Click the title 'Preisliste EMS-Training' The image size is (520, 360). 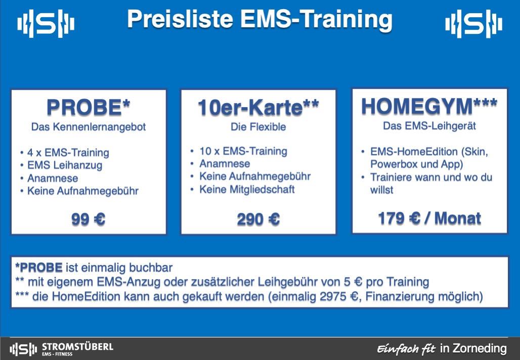pyautogui.click(x=259, y=19)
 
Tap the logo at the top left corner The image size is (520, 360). pyautogui.click(x=46, y=24)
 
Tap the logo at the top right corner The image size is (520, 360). pyautogui.click(x=474, y=24)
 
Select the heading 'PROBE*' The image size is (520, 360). pyautogui.click(x=89, y=108)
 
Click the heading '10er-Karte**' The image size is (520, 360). pyautogui.click(x=258, y=108)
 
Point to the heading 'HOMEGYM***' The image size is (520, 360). pyautogui.click(x=429, y=106)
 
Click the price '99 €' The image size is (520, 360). pyautogui.click(x=89, y=219)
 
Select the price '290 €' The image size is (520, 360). pyautogui.click(x=258, y=219)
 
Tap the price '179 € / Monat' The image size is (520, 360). pyautogui.click(x=429, y=218)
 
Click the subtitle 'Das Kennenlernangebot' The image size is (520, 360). pyautogui.click(x=89, y=127)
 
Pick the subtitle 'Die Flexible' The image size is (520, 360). pyautogui.click(x=258, y=127)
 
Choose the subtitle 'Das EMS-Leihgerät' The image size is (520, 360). pyautogui.click(x=429, y=126)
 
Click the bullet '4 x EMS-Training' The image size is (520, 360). pyautogui.click(x=68, y=153)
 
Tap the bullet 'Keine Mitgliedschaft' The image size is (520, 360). pyautogui.click(x=247, y=190)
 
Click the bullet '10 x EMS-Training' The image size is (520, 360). pyautogui.click(x=243, y=151)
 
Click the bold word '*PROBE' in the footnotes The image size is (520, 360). pyautogui.click(x=39, y=267)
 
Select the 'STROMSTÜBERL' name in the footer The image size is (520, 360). pyautogui.click(x=77, y=347)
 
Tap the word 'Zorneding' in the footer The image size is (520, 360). pyautogui.click(x=481, y=348)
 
